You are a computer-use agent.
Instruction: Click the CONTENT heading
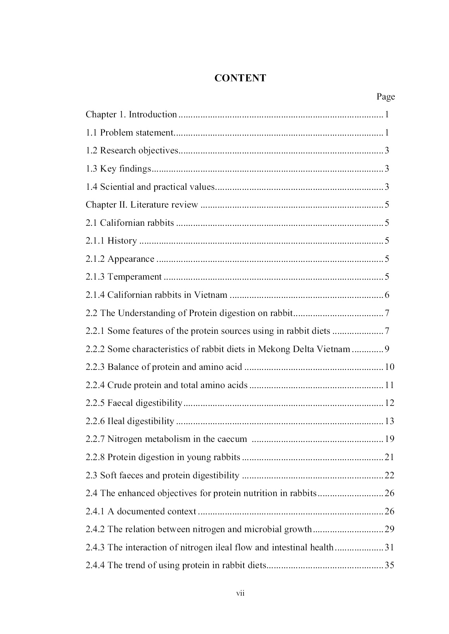coord(240,78)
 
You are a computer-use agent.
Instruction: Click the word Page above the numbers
coord(385,97)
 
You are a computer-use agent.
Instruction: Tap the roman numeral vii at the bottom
coord(240,593)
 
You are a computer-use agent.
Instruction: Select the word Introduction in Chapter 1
coord(153,115)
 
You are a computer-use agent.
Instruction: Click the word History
coord(122,241)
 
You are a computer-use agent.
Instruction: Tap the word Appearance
coord(131,259)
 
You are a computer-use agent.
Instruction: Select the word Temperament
coord(135,277)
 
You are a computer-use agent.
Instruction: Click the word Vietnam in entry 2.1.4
coord(211,295)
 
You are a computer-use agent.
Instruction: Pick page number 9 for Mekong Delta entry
coord(387,349)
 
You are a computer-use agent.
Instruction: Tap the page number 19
coord(389,439)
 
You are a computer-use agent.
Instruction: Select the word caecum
coord(232,439)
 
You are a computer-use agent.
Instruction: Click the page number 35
coord(389,565)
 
